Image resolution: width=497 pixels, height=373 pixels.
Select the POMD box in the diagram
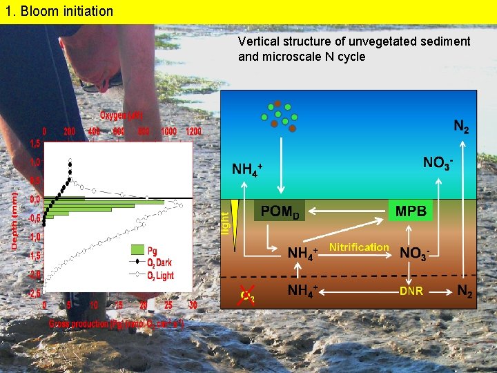[x=280, y=211]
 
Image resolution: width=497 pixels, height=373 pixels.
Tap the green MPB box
[x=411, y=211]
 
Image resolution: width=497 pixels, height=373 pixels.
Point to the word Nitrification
[x=359, y=247]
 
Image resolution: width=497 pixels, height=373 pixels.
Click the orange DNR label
[x=411, y=291]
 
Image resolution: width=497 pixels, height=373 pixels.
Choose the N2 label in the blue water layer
[x=462, y=127]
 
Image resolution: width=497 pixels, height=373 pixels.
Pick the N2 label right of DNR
[x=466, y=292]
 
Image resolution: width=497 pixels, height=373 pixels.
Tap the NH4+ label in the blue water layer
[x=246, y=169]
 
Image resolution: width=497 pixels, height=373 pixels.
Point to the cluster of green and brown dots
[x=278, y=115]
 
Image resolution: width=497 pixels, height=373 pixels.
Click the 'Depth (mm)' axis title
[x=14, y=220]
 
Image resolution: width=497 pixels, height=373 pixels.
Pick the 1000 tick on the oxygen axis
[x=168, y=131]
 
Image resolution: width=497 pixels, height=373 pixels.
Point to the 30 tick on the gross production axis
[x=193, y=305]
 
